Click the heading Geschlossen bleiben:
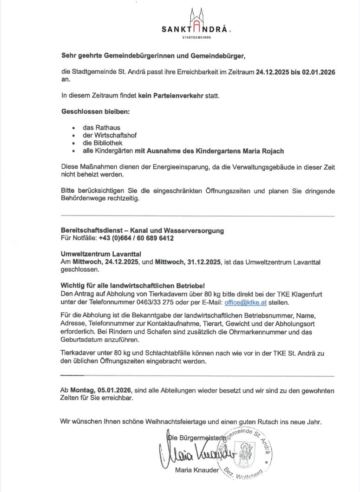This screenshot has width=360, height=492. (x=96, y=112)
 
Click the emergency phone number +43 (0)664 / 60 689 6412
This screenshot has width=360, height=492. (x=136, y=238)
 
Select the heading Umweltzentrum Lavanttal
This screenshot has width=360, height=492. (x=101, y=254)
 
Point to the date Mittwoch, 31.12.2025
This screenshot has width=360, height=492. (x=189, y=262)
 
